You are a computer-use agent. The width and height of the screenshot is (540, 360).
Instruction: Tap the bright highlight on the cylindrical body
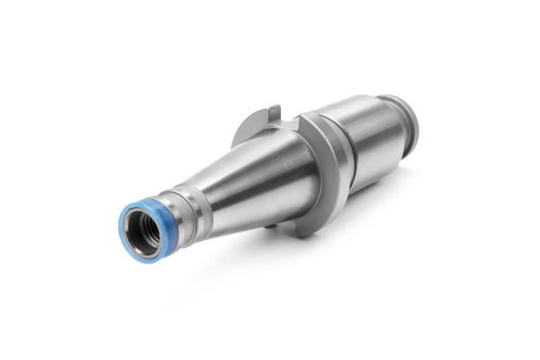tap(360, 112)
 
